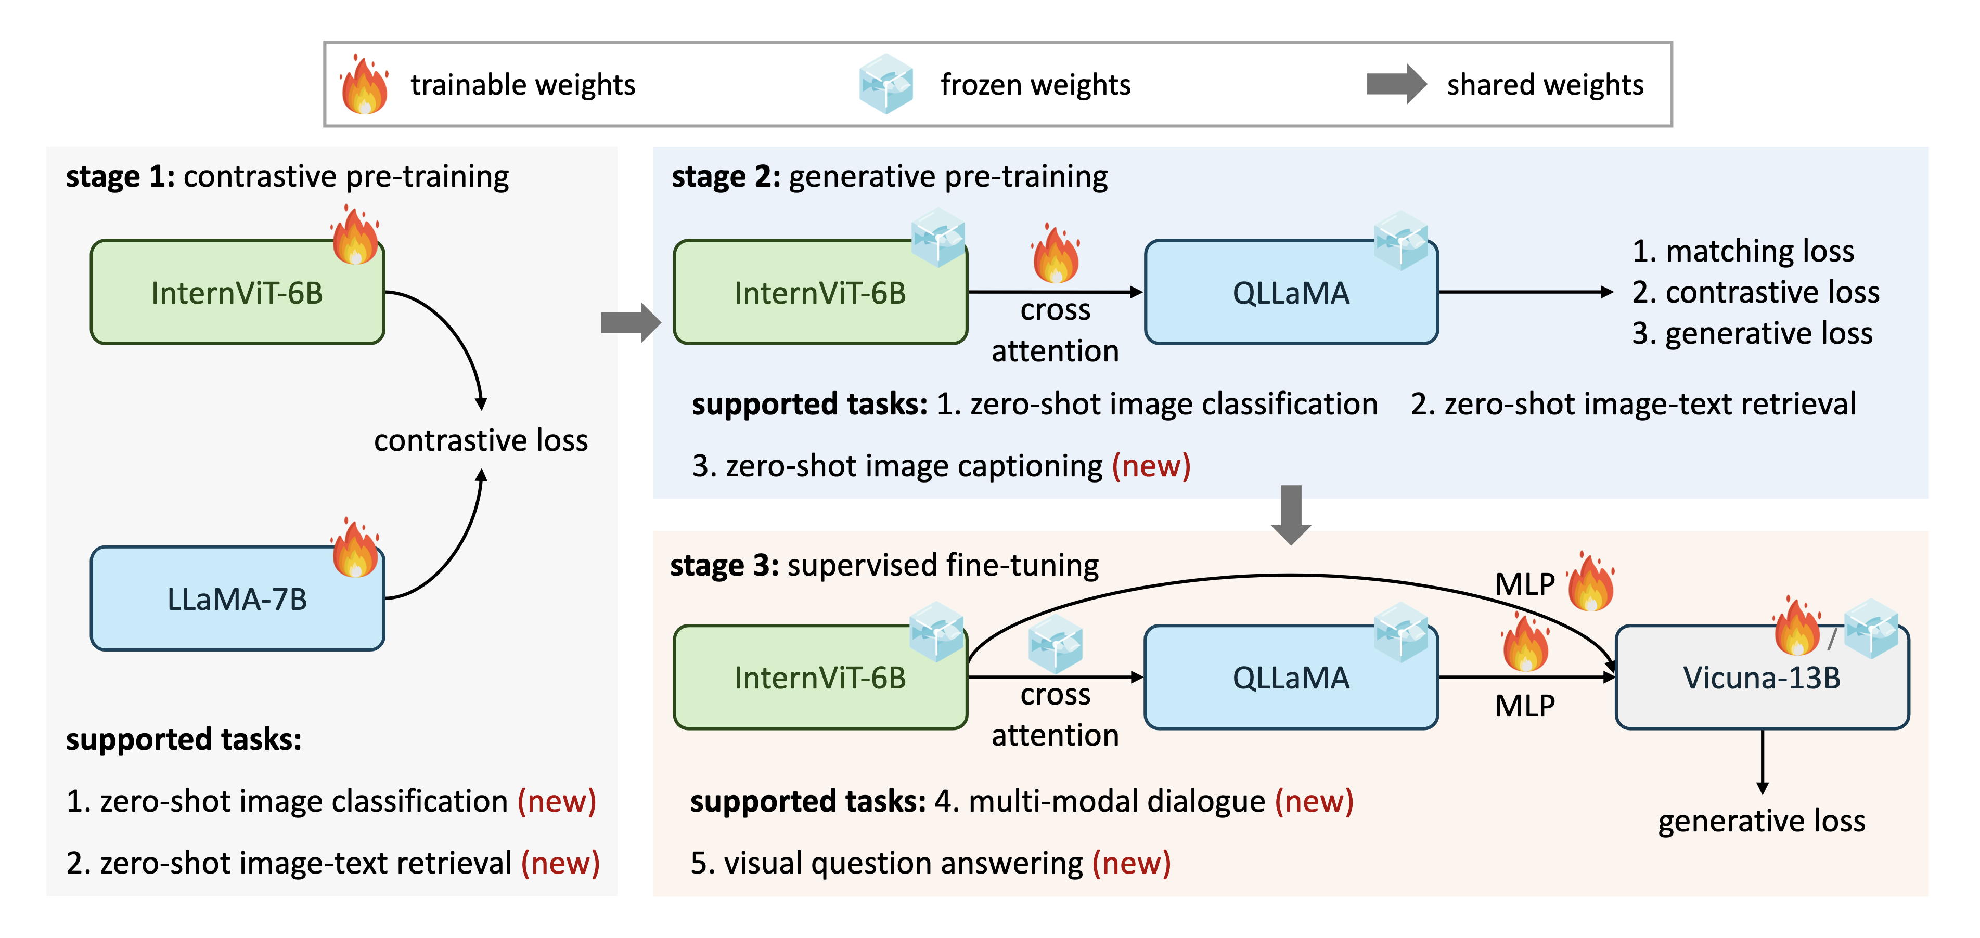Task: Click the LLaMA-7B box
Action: [x=237, y=598]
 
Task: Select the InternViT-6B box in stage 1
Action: [x=237, y=292]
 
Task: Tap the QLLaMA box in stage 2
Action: [x=1291, y=292]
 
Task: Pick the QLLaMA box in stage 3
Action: [x=1291, y=677]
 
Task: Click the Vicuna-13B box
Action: [x=1762, y=677]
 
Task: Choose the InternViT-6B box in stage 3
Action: [x=820, y=677]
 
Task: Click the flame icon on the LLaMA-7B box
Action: [x=355, y=547]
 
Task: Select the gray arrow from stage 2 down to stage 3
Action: [x=1291, y=515]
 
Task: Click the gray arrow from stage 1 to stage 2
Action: [x=631, y=323]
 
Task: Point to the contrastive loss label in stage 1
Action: [x=481, y=440]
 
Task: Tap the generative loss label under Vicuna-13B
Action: [x=1762, y=820]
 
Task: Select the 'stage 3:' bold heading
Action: [x=725, y=565]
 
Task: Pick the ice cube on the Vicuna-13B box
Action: [x=1872, y=629]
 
